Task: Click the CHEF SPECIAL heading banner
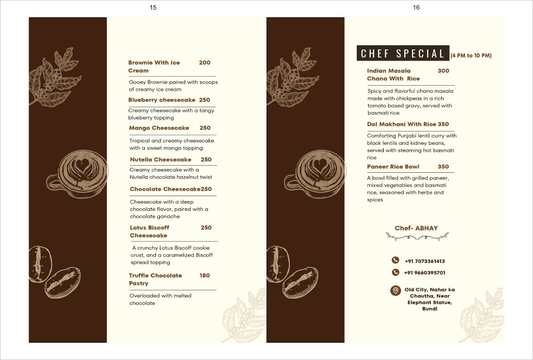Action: pyautogui.click(x=403, y=54)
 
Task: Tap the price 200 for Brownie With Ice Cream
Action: pyautogui.click(x=205, y=63)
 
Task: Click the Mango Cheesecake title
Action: pyautogui.click(x=159, y=128)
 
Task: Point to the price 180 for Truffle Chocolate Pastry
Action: pyautogui.click(x=204, y=275)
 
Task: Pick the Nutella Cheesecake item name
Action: pyautogui.click(x=160, y=159)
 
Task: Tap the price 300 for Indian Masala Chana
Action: pyautogui.click(x=443, y=71)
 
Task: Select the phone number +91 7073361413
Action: pyautogui.click(x=425, y=261)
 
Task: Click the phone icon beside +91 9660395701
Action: pyautogui.click(x=395, y=273)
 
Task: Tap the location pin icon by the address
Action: pyautogui.click(x=394, y=291)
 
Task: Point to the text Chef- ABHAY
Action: pyautogui.click(x=416, y=228)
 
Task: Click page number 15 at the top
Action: pyautogui.click(x=153, y=7)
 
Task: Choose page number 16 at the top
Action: pyautogui.click(x=416, y=7)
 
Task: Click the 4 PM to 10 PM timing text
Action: pyautogui.click(x=471, y=56)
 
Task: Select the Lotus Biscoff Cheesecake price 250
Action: pyautogui.click(x=206, y=228)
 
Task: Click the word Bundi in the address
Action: pyautogui.click(x=430, y=309)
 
